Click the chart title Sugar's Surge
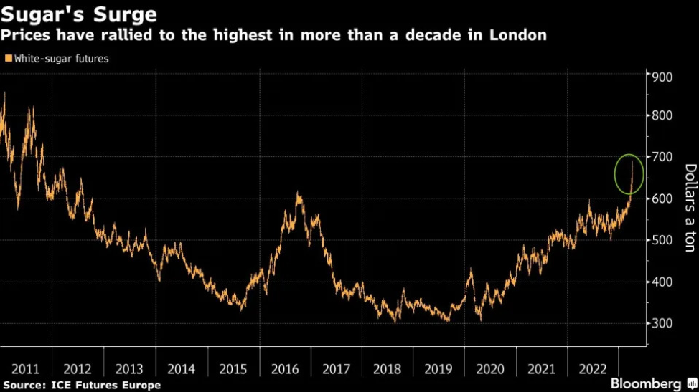coord(79,14)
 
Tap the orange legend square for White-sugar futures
coord(8,59)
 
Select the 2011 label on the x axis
coord(26,369)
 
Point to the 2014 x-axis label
coord(181,369)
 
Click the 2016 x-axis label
coord(284,369)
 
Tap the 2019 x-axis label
coord(438,369)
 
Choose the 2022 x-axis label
coord(593,369)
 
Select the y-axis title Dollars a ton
coord(690,208)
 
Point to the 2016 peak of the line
coord(298,193)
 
